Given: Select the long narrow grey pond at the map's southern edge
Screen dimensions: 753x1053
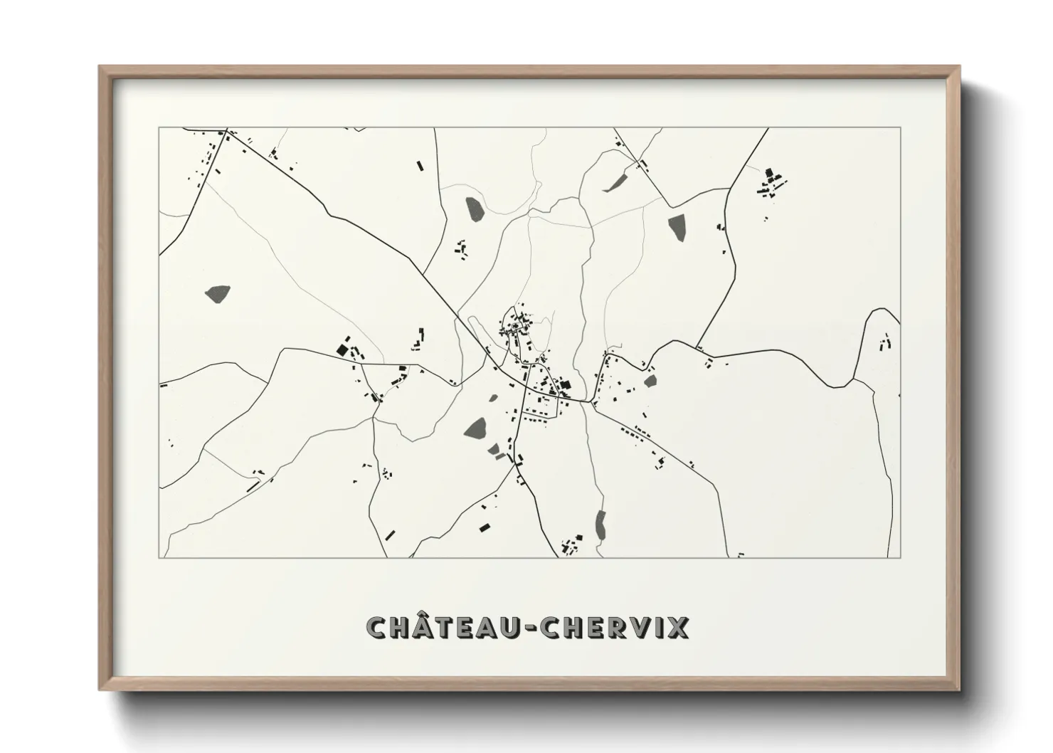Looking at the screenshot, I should (x=600, y=525).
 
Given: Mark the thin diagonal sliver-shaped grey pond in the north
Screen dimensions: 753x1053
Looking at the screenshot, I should (x=614, y=181).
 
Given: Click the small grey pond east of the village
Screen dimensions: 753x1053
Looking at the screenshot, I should (x=650, y=381).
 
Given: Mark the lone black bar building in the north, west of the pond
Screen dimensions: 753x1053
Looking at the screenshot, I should (x=419, y=166).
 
